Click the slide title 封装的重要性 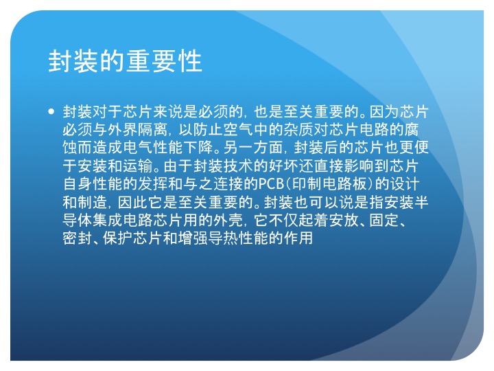click(125, 61)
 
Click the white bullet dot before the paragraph click(51, 111)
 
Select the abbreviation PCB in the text click(271, 184)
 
